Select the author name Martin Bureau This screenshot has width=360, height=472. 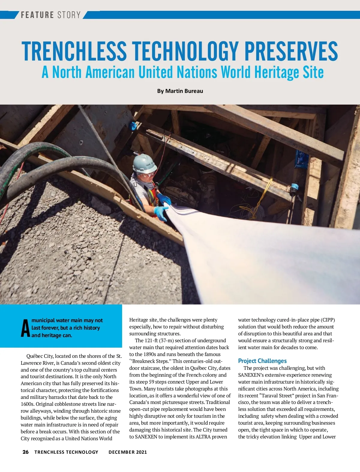(184, 91)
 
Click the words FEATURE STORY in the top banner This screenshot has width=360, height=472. (51, 15)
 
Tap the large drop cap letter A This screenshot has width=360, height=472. (25, 328)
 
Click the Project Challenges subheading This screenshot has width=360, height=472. (262, 361)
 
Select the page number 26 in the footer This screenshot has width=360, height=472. (25, 452)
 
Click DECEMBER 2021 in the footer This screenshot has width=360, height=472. (128, 452)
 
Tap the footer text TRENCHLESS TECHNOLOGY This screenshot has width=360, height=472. (66, 452)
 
